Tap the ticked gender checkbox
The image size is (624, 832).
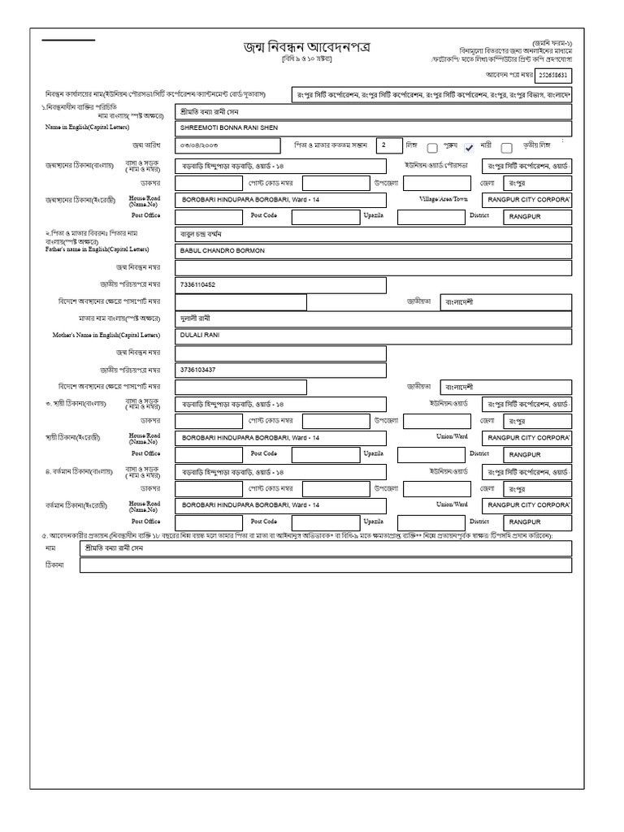pyautogui.click(x=469, y=148)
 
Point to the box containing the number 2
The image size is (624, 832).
pyautogui.click(x=390, y=145)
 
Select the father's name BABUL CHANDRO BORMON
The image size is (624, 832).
pyautogui.click(x=223, y=251)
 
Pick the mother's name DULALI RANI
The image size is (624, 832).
pyautogui.click(x=201, y=335)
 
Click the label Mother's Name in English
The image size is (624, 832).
pyautogui.click(x=91, y=335)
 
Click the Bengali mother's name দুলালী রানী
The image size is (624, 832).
pyautogui.click(x=199, y=318)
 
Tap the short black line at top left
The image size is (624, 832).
pyautogui.click(x=68, y=40)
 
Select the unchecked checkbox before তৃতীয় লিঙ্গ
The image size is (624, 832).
pyautogui.click(x=507, y=148)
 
